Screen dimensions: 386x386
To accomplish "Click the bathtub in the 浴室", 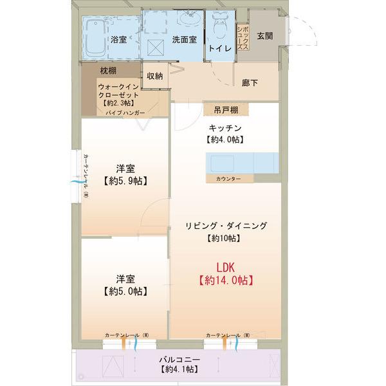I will click(x=96, y=39).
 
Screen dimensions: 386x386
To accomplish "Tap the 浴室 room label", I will click(x=118, y=39).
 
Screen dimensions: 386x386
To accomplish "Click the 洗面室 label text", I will click(x=183, y=39).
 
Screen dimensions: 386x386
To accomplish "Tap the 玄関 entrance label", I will click(x=264, y=35).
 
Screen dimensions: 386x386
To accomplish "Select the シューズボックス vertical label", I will click(x=242, y=38).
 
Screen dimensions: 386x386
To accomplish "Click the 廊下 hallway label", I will click(x=250, y=83).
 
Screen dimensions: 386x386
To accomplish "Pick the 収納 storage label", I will click(x=154, y=76).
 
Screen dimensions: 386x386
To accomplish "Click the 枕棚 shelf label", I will click(x=107, y=69).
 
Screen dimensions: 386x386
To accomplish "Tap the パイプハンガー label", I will click(x=124, y=113).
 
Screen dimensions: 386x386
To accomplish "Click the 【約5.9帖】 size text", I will click(x=125, y=181).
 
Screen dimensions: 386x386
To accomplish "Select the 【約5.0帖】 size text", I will click(x=125, y=291).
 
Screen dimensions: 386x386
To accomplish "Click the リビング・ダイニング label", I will click(x=225, y=226).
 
